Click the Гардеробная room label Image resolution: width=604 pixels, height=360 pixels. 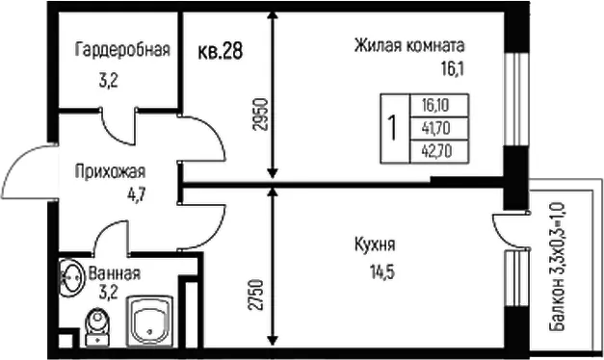123,49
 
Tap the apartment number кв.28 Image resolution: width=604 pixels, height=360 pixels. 220,51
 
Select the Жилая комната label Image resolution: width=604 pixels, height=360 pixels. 409,45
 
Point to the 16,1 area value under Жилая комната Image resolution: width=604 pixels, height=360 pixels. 452,69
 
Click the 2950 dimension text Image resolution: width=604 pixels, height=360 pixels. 261,115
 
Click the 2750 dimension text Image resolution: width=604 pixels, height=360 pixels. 257,295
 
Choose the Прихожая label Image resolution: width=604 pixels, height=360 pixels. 110,171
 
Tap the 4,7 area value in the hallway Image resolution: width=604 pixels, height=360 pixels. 137,194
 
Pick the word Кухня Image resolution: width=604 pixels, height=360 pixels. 375,244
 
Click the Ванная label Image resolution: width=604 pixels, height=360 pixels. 115,273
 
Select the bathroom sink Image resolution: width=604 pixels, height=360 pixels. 71,277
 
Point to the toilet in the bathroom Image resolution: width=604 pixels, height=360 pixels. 97,327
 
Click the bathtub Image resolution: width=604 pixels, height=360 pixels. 149,321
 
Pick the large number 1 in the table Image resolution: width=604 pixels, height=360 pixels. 393,128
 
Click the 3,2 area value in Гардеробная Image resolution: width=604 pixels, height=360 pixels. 108,81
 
